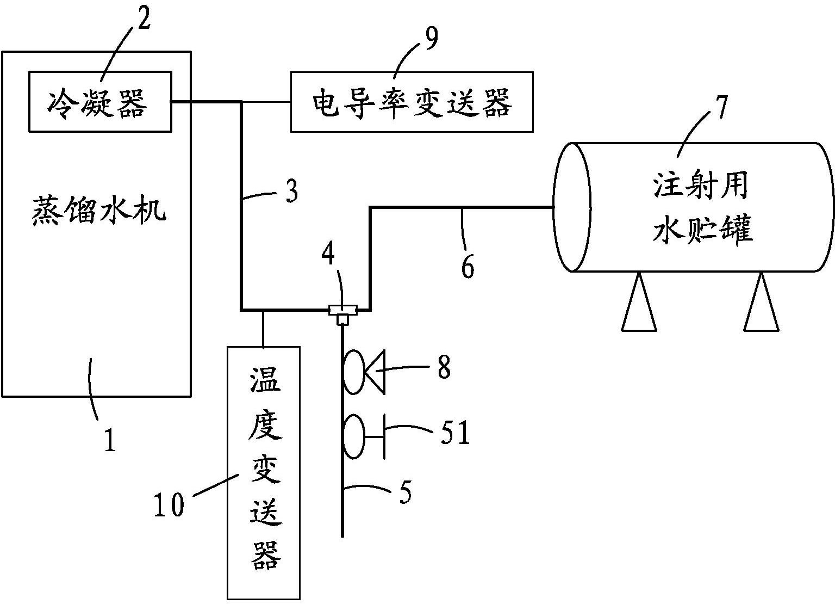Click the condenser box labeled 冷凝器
tap(99, 102)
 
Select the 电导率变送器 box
tap(412, 102)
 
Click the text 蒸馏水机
tap(98, 209)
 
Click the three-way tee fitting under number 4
tap(342, 312)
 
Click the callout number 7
tap(720, 107)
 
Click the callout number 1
tap(110, 440)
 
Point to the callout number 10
tap(169, 504)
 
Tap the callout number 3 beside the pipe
tap(291, 192)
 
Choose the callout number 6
tap(468, 267)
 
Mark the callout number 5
tap(405, 492)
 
